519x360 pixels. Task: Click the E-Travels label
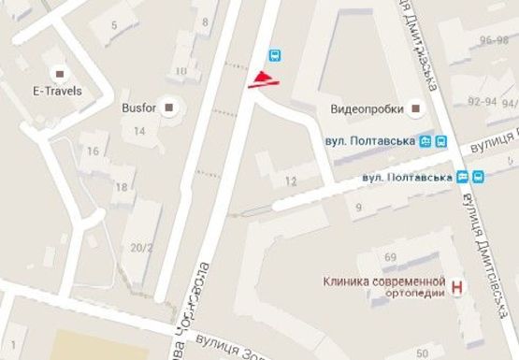pos(58,91)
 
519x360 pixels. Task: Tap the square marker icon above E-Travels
pos(61,73)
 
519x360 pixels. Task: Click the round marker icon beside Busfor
pos(169,108)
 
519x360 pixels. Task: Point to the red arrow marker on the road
pos(263,79)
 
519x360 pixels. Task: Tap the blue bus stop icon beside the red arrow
pos(276,55)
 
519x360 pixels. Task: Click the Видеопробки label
pos(367,109)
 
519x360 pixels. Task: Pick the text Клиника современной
pos(382,281)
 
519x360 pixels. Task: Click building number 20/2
pos(141,248)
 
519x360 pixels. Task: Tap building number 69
pos(391,256)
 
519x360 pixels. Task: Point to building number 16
pos(93,151)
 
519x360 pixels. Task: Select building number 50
pos(423,353)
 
